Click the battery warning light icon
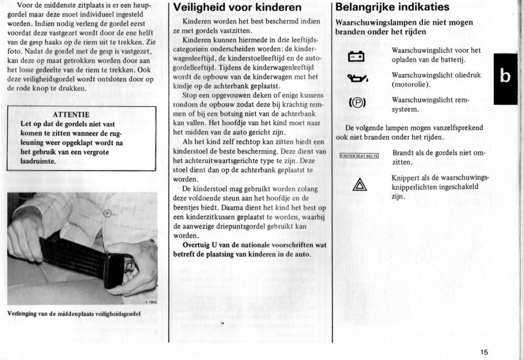point(356,56)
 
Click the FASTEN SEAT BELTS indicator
point(359,156)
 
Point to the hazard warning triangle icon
point(360,184)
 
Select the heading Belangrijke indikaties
point(392,7)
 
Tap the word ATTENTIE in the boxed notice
point(71,114)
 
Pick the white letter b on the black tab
point(505,76)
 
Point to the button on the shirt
point(106,213)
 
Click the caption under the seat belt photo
point(74,313)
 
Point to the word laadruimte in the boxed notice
point(37,161)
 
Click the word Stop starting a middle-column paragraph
point(189,95)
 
